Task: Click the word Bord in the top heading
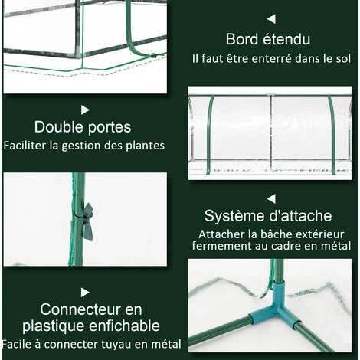[243, 39]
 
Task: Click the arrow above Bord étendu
[270, 18]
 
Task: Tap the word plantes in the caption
[144, 145]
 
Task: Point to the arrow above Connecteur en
[85, 292]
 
